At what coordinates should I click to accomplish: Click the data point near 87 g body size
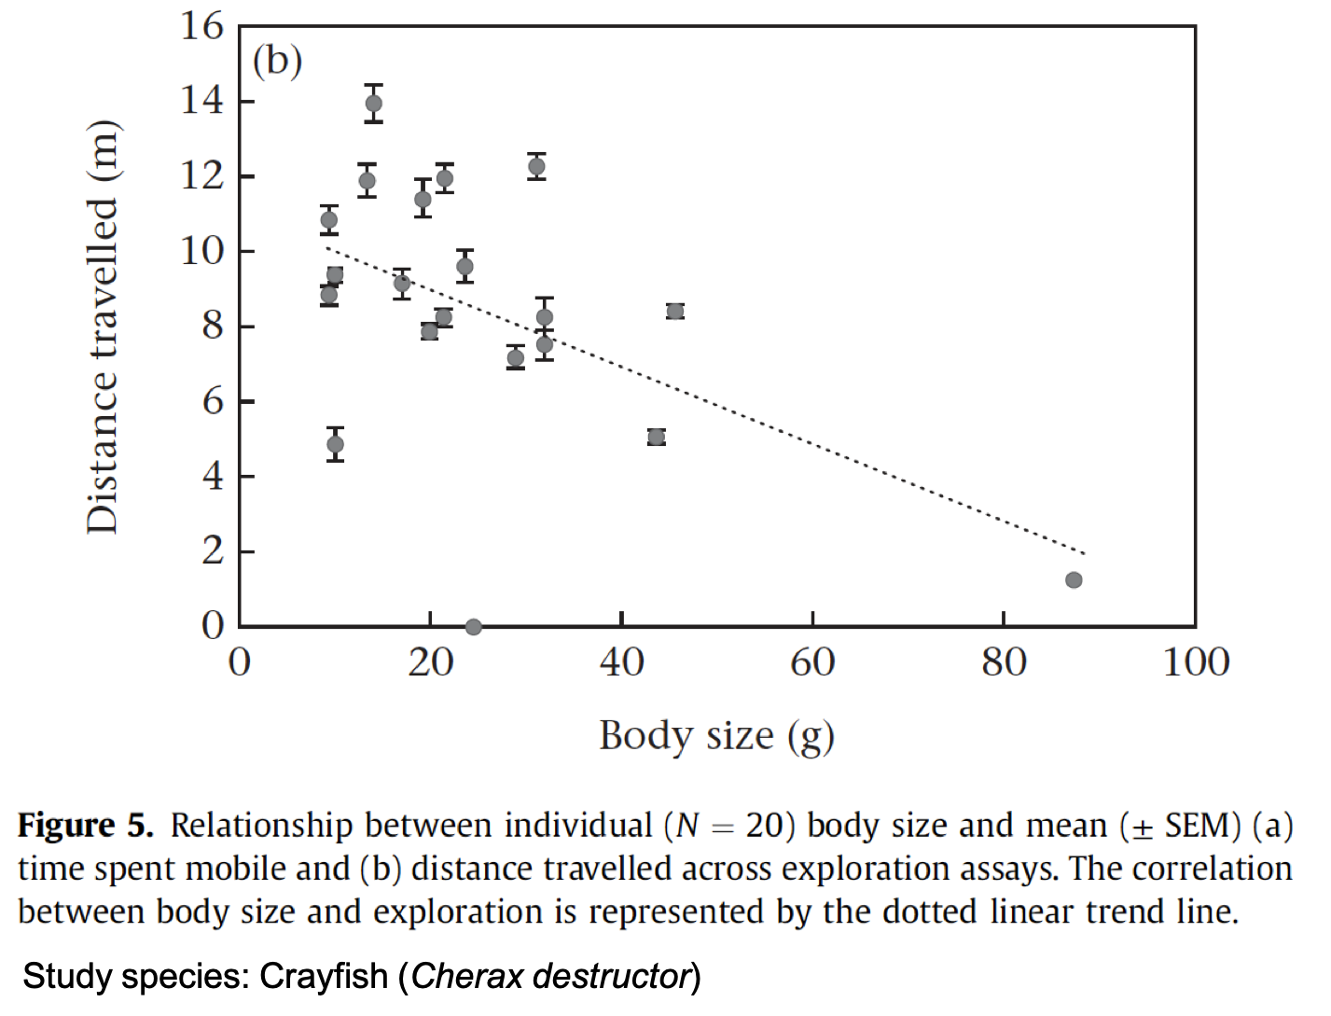(x=1074, y=580)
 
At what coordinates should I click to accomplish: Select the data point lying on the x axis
(x=473, y=627)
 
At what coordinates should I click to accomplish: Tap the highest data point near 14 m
(x=374, y=104)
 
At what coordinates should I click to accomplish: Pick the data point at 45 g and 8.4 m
(x=675, y=311)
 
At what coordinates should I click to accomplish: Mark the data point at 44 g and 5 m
(x=657, y=437)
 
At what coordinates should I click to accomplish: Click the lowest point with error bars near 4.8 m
(x=336, y=444)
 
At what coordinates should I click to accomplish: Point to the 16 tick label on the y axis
(x=201, y=26)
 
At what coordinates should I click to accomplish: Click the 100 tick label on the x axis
(x=1196, y=662)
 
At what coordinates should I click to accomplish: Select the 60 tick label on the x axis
(x=812, y=662)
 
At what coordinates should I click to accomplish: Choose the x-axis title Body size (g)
(x=716, y=736)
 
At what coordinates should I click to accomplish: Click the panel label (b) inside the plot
(x=277, y=62)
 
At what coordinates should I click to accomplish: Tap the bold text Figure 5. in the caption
(x=85, y=826)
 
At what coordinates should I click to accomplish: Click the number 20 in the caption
(x=769, y=826)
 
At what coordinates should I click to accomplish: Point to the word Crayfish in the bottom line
(x=323, y=977)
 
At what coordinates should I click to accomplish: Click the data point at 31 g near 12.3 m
(x=536, y=167)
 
